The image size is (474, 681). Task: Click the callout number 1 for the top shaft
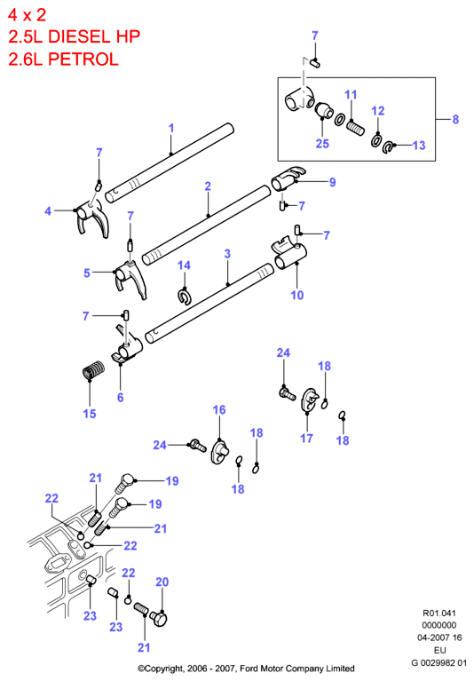coord(171,128)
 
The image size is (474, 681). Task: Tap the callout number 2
coord(208,186)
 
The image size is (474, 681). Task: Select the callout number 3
coord(227,254)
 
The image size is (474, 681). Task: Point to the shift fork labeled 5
coord(130,279)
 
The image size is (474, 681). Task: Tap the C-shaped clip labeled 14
coord(185,297)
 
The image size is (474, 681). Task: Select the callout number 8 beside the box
coord(455,120)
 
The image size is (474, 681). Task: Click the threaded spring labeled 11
coord(355,129)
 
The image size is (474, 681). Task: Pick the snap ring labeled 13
coord(388,147)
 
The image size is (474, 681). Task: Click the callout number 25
coord(322,144)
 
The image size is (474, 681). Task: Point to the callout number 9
coord(333,182)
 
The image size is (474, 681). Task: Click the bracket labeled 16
coord(219,452)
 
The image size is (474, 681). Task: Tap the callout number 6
coord(120,398)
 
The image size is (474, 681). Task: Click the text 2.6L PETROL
coord(63,59)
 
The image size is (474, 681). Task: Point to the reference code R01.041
coord(439,614)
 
